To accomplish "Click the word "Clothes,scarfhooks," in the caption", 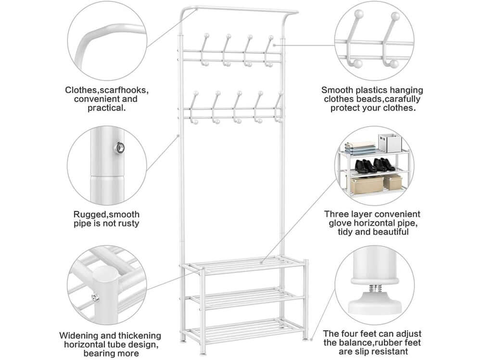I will pos(106,90).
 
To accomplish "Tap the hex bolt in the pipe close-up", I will pos(119,148).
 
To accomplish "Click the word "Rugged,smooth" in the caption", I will pos(106,215).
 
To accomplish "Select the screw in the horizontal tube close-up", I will pos(96,298).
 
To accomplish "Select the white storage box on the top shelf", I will pos(389,143).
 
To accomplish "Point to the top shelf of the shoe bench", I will pos(243,265).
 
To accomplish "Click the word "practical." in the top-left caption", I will pos(106,108).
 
